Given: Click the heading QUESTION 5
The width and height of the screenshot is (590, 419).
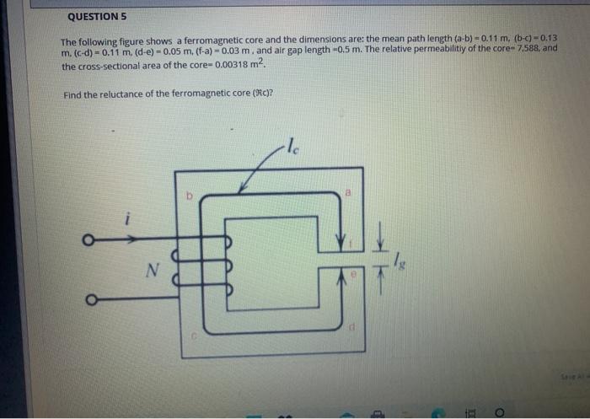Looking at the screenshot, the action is coord(97,16).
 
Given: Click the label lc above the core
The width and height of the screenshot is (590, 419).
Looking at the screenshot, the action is coord(292,144).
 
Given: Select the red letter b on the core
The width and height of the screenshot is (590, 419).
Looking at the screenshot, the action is coord(190,196).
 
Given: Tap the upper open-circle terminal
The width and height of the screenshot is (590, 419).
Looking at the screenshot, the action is coord(87,239).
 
